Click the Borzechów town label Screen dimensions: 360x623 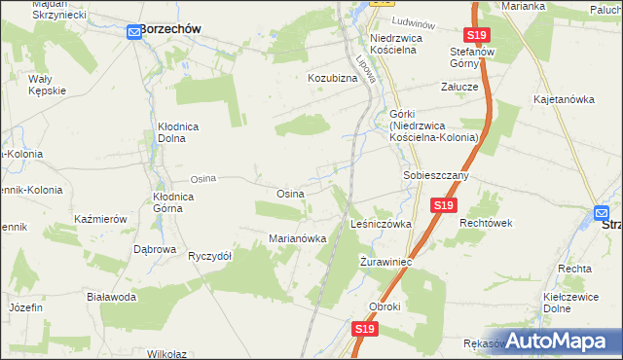tap(170, 29)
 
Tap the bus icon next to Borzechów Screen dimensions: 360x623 tap(134, 32)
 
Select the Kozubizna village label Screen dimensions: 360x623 tap(334, 77)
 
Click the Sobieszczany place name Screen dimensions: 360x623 tap(436, 175)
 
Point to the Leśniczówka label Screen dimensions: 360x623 tap(381, 224)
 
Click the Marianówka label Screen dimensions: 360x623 tap(297, 238)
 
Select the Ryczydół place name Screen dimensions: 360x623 tap(209, 256)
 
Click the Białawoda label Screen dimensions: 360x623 tap(111, 297)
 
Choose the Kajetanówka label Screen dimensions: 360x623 tap(564, 99)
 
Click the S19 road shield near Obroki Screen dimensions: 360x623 tap(364, 330)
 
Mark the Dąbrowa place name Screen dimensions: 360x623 tap(155, 249)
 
